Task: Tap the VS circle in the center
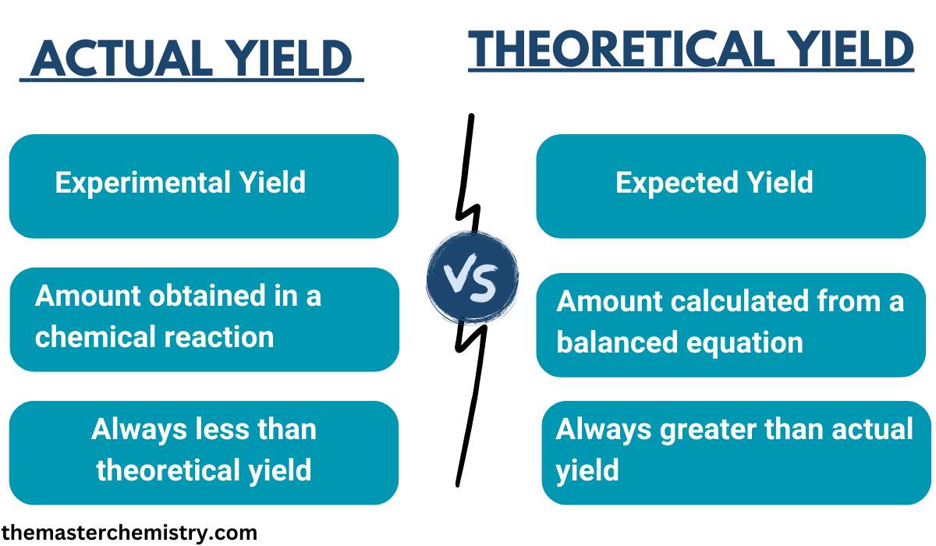click(472, 278)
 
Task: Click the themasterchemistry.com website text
click(129, 534)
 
